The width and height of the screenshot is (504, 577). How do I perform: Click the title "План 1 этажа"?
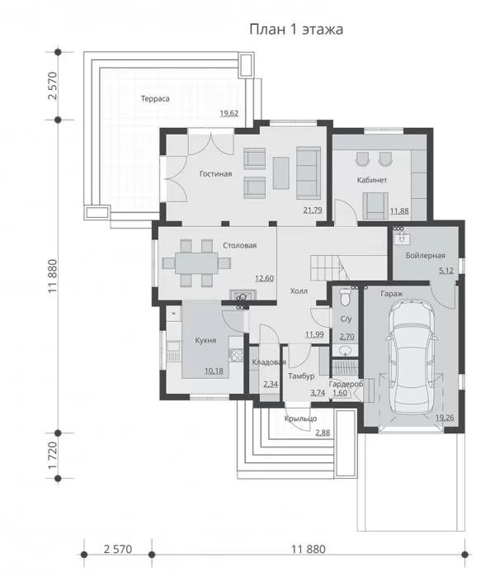296,29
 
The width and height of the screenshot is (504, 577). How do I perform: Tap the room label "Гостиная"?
215,173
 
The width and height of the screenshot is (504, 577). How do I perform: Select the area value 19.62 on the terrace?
229,113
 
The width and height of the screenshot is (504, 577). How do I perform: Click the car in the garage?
412,356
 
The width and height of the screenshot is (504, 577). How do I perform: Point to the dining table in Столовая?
196,262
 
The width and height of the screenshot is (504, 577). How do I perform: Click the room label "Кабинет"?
372,180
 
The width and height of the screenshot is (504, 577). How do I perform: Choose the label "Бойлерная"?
426,255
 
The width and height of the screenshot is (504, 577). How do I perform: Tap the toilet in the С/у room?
346,297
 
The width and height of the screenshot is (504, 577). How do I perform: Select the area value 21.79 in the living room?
313,210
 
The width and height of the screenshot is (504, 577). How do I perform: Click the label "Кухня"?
205,340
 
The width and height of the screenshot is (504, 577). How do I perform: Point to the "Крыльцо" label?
301,419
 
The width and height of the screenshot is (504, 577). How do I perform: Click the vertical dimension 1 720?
53,456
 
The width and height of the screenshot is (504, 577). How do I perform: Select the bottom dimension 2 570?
118,549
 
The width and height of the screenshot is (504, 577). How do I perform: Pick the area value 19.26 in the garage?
445,418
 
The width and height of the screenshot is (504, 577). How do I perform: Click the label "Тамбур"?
301,376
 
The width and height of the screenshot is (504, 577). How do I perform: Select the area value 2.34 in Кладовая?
271,384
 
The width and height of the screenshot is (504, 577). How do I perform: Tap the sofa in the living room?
309,168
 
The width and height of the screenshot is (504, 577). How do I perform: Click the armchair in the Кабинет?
375,206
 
